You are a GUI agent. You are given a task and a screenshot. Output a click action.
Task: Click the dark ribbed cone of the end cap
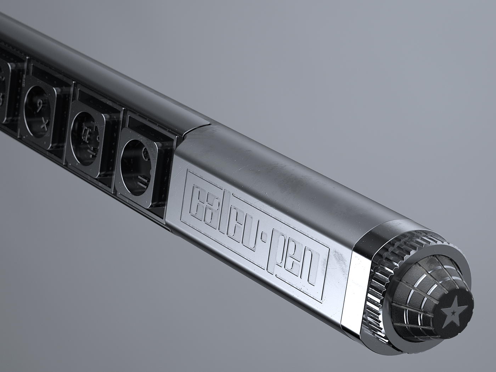[x=425, y=294]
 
